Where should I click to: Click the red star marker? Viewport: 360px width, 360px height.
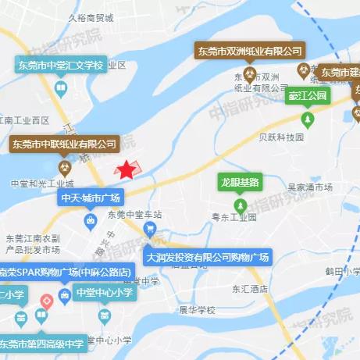(126, 169)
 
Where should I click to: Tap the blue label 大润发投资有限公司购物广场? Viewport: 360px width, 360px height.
(207, 257)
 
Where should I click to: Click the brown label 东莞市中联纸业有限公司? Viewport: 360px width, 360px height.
(64, 144)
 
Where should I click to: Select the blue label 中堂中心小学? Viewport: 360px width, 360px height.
(104, 293)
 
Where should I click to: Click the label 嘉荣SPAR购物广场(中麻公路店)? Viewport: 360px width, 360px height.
(66, 271)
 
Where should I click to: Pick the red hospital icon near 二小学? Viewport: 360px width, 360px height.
(46, 300)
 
